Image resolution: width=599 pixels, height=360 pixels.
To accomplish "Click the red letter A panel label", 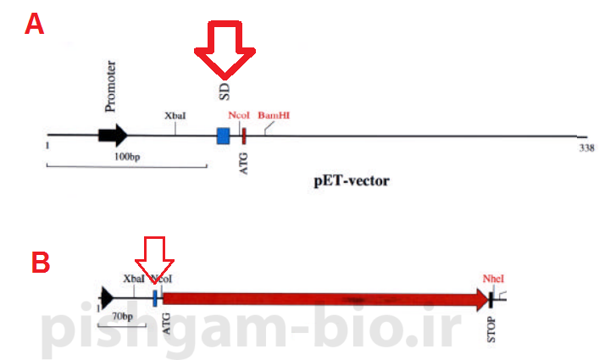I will pyautogui.click(x=34, y=23).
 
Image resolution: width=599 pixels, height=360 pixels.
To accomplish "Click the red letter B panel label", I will pyautogui.click(x=41, y=263).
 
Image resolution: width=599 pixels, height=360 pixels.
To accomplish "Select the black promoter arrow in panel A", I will pyautogui.click(x=113, y=135).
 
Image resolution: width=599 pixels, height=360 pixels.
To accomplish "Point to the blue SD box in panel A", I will pyautogui.click(x=224, y=136).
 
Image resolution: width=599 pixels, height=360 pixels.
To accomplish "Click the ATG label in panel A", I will pyautogui.click(x=244, y=160).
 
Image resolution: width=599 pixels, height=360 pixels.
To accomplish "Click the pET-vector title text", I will pyautogui.click(x=351, y=180).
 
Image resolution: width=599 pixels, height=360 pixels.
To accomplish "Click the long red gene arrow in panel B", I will pyautogui.click(x=322, y=298).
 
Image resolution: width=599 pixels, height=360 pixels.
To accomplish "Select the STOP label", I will pyautogui.click(x=492, y=325).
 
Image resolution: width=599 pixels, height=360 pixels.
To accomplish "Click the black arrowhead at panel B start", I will pyautogui.click(x=107, y=296).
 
